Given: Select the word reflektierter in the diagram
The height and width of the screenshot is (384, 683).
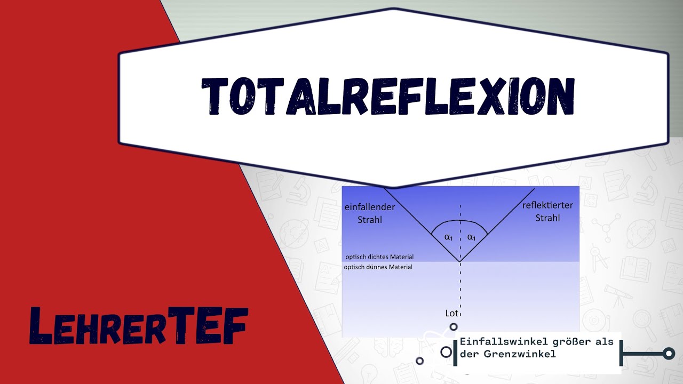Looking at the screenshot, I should (547, 206).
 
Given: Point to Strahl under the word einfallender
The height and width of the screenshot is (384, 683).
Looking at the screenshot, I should (371, 219).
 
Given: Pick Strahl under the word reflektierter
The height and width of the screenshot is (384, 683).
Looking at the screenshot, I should (547, 218).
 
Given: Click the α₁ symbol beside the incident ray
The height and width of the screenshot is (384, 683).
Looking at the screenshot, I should (449, 237).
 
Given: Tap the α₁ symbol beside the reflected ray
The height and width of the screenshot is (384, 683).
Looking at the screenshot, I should (471, 237).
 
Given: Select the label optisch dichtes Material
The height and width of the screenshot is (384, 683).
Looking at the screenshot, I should (379, 257).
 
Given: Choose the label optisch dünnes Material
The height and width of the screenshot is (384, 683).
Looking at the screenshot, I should (378, 267).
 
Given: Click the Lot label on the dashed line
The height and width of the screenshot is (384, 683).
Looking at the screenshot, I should (451, 313).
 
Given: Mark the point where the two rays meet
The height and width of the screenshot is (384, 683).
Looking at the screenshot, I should (460, 261).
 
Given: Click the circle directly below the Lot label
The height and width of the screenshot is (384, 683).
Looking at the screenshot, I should (453, 327).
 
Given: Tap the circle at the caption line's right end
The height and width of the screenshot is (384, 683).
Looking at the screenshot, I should (668, 353).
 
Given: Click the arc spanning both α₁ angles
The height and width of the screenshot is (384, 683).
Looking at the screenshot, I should (460, 221).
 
